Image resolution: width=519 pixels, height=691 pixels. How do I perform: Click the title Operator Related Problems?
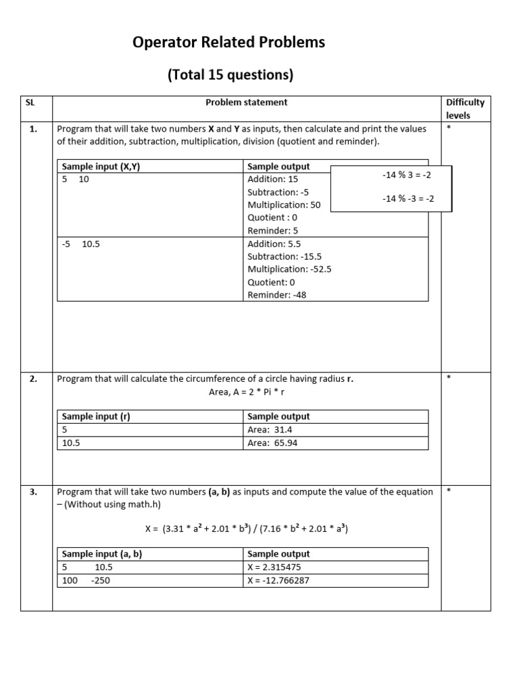[x=229, y=43]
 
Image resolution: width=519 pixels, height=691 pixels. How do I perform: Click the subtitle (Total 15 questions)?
[x=230, y=75]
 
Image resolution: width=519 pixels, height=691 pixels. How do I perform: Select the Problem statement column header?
[x=246, y=103]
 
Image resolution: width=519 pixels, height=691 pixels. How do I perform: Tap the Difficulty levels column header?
[x=465, y=109]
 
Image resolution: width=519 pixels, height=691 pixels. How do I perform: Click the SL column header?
[x=29, y=103]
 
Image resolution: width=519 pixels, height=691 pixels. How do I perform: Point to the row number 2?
[x=33, y=379]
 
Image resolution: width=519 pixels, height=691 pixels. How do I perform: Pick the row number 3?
[x=33, y=493]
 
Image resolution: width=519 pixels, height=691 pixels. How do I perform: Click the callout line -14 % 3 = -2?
[x=406, y=175]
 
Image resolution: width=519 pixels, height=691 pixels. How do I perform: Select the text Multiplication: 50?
[x=284, y=205]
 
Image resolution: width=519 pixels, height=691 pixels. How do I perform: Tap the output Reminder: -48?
[x=276, y=295]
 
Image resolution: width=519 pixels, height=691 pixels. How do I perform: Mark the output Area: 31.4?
[x=270, y=430]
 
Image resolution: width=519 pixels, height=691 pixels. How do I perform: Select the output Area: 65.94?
[x=272, y=443]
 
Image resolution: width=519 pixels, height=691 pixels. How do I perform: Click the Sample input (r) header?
[x=95, y=417]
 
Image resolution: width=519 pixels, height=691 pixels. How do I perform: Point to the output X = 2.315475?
[x=278, y=568]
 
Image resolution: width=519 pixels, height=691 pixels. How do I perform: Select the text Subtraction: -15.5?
[x=285, y=257]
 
